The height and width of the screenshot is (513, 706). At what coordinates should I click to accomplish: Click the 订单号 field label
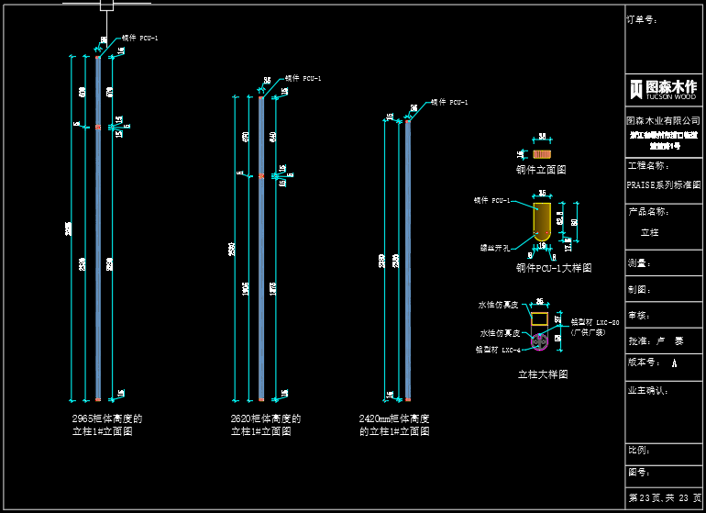coord(642,19)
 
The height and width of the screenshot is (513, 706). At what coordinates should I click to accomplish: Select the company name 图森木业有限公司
coord(662,120)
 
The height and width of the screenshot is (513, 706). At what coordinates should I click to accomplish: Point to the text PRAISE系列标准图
coord(663,184)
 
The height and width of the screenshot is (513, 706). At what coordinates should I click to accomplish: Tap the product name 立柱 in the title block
coord(649,232)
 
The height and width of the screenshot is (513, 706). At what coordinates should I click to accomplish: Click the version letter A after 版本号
coord(675,363)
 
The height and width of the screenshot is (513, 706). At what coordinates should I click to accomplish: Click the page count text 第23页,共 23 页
coord(663,497)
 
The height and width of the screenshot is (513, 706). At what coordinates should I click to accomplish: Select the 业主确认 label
coord(648,390)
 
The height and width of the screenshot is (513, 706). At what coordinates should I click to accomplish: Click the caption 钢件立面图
coord(540,170)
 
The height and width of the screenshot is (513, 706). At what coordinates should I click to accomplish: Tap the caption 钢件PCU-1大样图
coord(553,268)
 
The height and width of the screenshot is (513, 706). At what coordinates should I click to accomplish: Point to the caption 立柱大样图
coord(543,374)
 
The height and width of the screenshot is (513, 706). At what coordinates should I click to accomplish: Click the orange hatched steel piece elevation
coord(542,154)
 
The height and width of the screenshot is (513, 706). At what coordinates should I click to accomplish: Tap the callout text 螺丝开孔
coord(497,247)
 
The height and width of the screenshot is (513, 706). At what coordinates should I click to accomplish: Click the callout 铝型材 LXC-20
coord(595,322)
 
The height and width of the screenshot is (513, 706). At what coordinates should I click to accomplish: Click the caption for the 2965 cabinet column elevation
coord(107,424)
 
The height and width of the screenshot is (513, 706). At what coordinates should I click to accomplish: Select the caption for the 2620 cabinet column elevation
coord(266,424)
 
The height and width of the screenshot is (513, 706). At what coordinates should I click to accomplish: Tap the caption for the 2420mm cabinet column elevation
coord(394,424)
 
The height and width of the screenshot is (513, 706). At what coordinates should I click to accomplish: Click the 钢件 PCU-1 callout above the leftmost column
coord(140,38)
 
